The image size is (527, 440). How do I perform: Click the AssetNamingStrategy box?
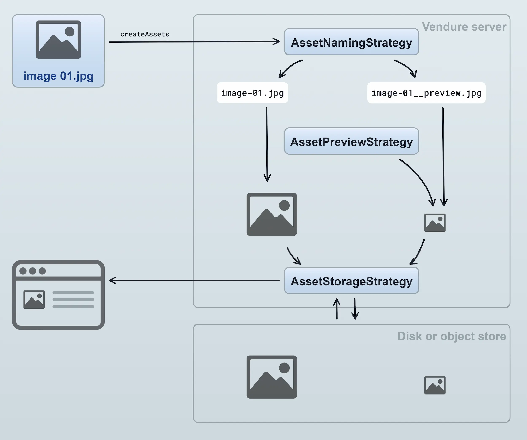(351, 42)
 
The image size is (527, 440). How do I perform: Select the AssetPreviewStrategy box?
(351, 141)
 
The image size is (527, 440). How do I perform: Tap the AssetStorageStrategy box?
(351, 281)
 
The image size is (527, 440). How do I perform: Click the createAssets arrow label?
(145, 34)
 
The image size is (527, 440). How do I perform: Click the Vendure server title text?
(464, 27)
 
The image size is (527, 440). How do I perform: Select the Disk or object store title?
(452, 336)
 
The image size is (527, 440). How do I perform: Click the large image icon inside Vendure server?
(272, 214)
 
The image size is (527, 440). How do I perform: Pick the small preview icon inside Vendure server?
(435, 223)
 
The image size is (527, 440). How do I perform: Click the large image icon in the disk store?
(272, 377)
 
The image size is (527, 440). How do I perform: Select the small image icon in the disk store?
(435, 385)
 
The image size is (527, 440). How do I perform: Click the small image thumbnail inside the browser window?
(34, 300)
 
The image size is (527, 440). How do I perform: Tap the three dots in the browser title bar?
(33, 271)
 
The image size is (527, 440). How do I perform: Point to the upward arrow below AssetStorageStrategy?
(337, 309)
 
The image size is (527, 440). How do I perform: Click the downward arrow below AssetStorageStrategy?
(355, 309)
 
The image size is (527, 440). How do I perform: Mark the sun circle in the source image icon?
(70, 32)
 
